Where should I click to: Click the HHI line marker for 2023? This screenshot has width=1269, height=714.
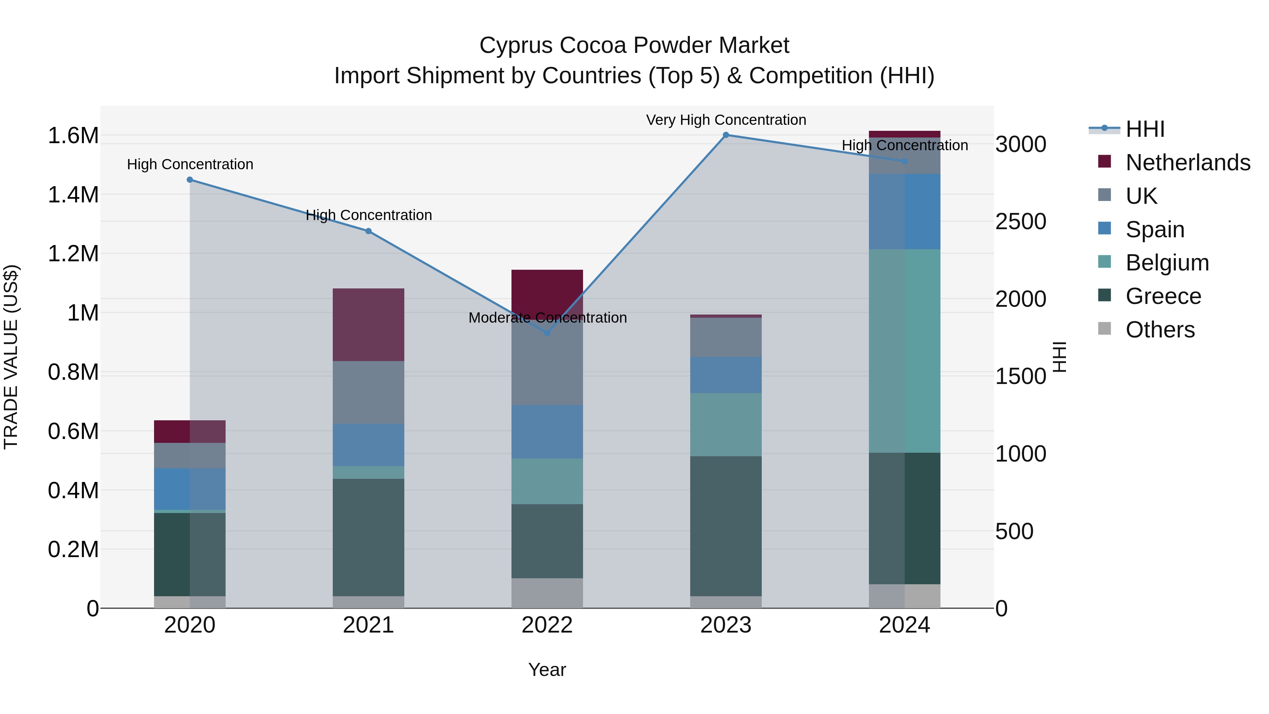tap(726, 135)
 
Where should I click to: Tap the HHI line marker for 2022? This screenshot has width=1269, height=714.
tap(547, 334)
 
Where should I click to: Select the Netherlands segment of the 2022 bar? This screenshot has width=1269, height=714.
tap(547, 291)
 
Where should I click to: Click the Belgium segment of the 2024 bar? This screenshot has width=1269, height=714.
tap(905, 351)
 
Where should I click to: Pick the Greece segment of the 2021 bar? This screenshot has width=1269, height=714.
tap(368, 537)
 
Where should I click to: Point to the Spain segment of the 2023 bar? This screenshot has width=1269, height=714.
tap(726, 375)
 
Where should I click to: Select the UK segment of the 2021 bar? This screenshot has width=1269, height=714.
tap(368, 392)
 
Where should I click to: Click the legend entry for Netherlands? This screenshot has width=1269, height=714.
tap(1187, 163)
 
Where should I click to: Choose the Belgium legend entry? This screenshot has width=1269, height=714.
tap(1166, 263)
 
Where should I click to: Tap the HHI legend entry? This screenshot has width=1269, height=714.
tap(1145, 129)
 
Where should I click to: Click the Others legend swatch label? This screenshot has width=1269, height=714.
tap(1160, 330)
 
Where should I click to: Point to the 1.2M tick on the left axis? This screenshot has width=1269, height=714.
tap(73, 254)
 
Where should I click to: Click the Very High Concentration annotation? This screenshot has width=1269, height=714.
tap(726, 120)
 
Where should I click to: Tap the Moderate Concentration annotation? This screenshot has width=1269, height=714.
tap(547, 318)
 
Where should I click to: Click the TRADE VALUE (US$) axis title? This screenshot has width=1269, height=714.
tap(11, 357)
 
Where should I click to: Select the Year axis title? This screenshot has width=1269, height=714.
tap(547, 670)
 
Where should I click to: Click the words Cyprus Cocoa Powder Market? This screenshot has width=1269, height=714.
tap(634, 45)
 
